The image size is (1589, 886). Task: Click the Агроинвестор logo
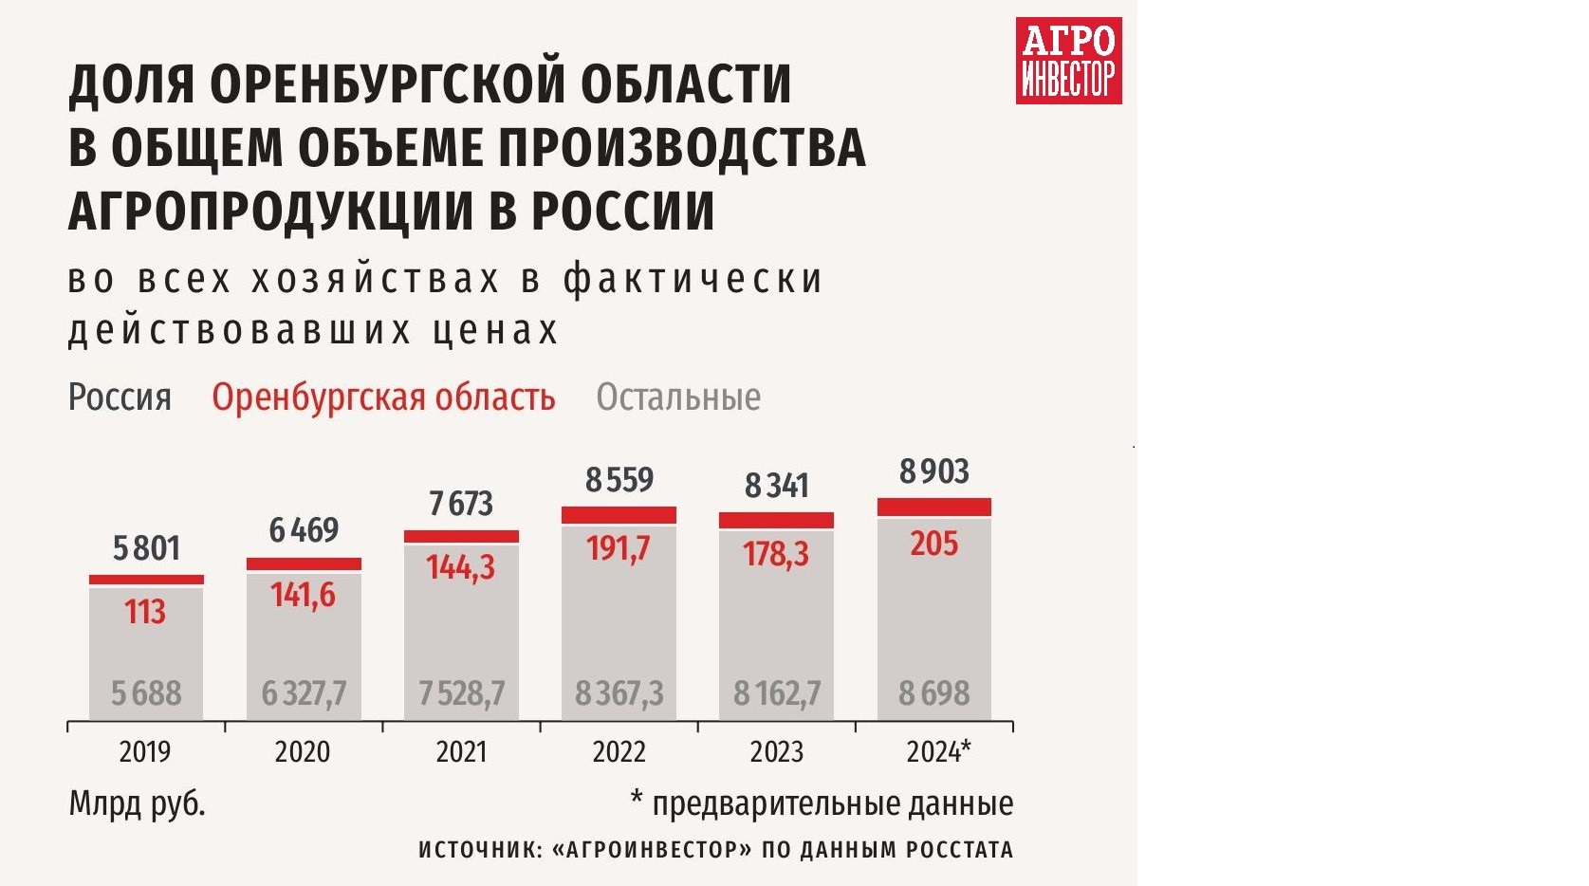point(1068,61)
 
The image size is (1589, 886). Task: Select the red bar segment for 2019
point(146,580)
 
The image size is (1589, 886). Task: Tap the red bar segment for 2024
point(933,508)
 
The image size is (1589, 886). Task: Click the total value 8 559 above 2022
point(619,480)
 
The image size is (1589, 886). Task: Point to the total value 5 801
point(146,548)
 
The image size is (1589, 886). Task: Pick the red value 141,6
point(303,595)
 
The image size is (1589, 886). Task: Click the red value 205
point(933,545)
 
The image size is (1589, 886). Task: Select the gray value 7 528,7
point(461,693)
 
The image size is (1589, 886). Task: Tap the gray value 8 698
point(933,693)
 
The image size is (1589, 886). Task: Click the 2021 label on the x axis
point(461,752)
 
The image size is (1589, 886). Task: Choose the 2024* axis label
point(937,752)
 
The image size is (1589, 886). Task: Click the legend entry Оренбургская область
point(383,397)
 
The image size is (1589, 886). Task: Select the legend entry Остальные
point(677,397)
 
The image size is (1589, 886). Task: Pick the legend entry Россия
point(120,397)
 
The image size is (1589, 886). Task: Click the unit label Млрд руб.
point(137,803)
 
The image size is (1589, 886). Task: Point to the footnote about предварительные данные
point(822,803)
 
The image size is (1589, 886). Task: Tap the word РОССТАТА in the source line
point(959,850)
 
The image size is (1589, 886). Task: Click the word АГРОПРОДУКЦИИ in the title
point(270,211)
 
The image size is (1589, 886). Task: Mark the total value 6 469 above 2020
point(304,530)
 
